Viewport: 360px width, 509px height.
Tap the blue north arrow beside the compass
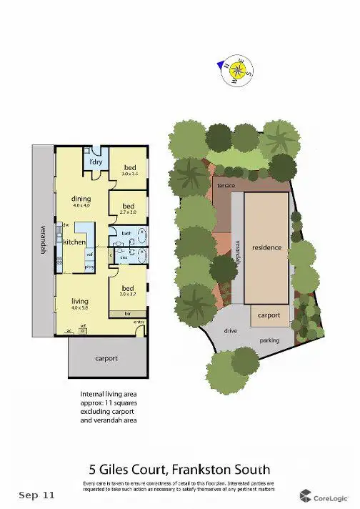pos(221,65)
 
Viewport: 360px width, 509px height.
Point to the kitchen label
pos(74,242)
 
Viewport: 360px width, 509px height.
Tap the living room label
pos(79,302)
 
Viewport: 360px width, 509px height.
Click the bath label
pos(125,233)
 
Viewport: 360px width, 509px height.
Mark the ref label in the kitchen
pos(90,254)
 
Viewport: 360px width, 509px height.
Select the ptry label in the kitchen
pos(90,267)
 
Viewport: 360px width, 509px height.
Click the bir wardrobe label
pos(128,313)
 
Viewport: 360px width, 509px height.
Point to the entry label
pos(139,322)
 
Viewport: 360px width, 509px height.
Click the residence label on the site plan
pos(266,248)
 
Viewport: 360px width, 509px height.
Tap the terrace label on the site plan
pos(224,184)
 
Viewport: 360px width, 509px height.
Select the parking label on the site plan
pos(269,340)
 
